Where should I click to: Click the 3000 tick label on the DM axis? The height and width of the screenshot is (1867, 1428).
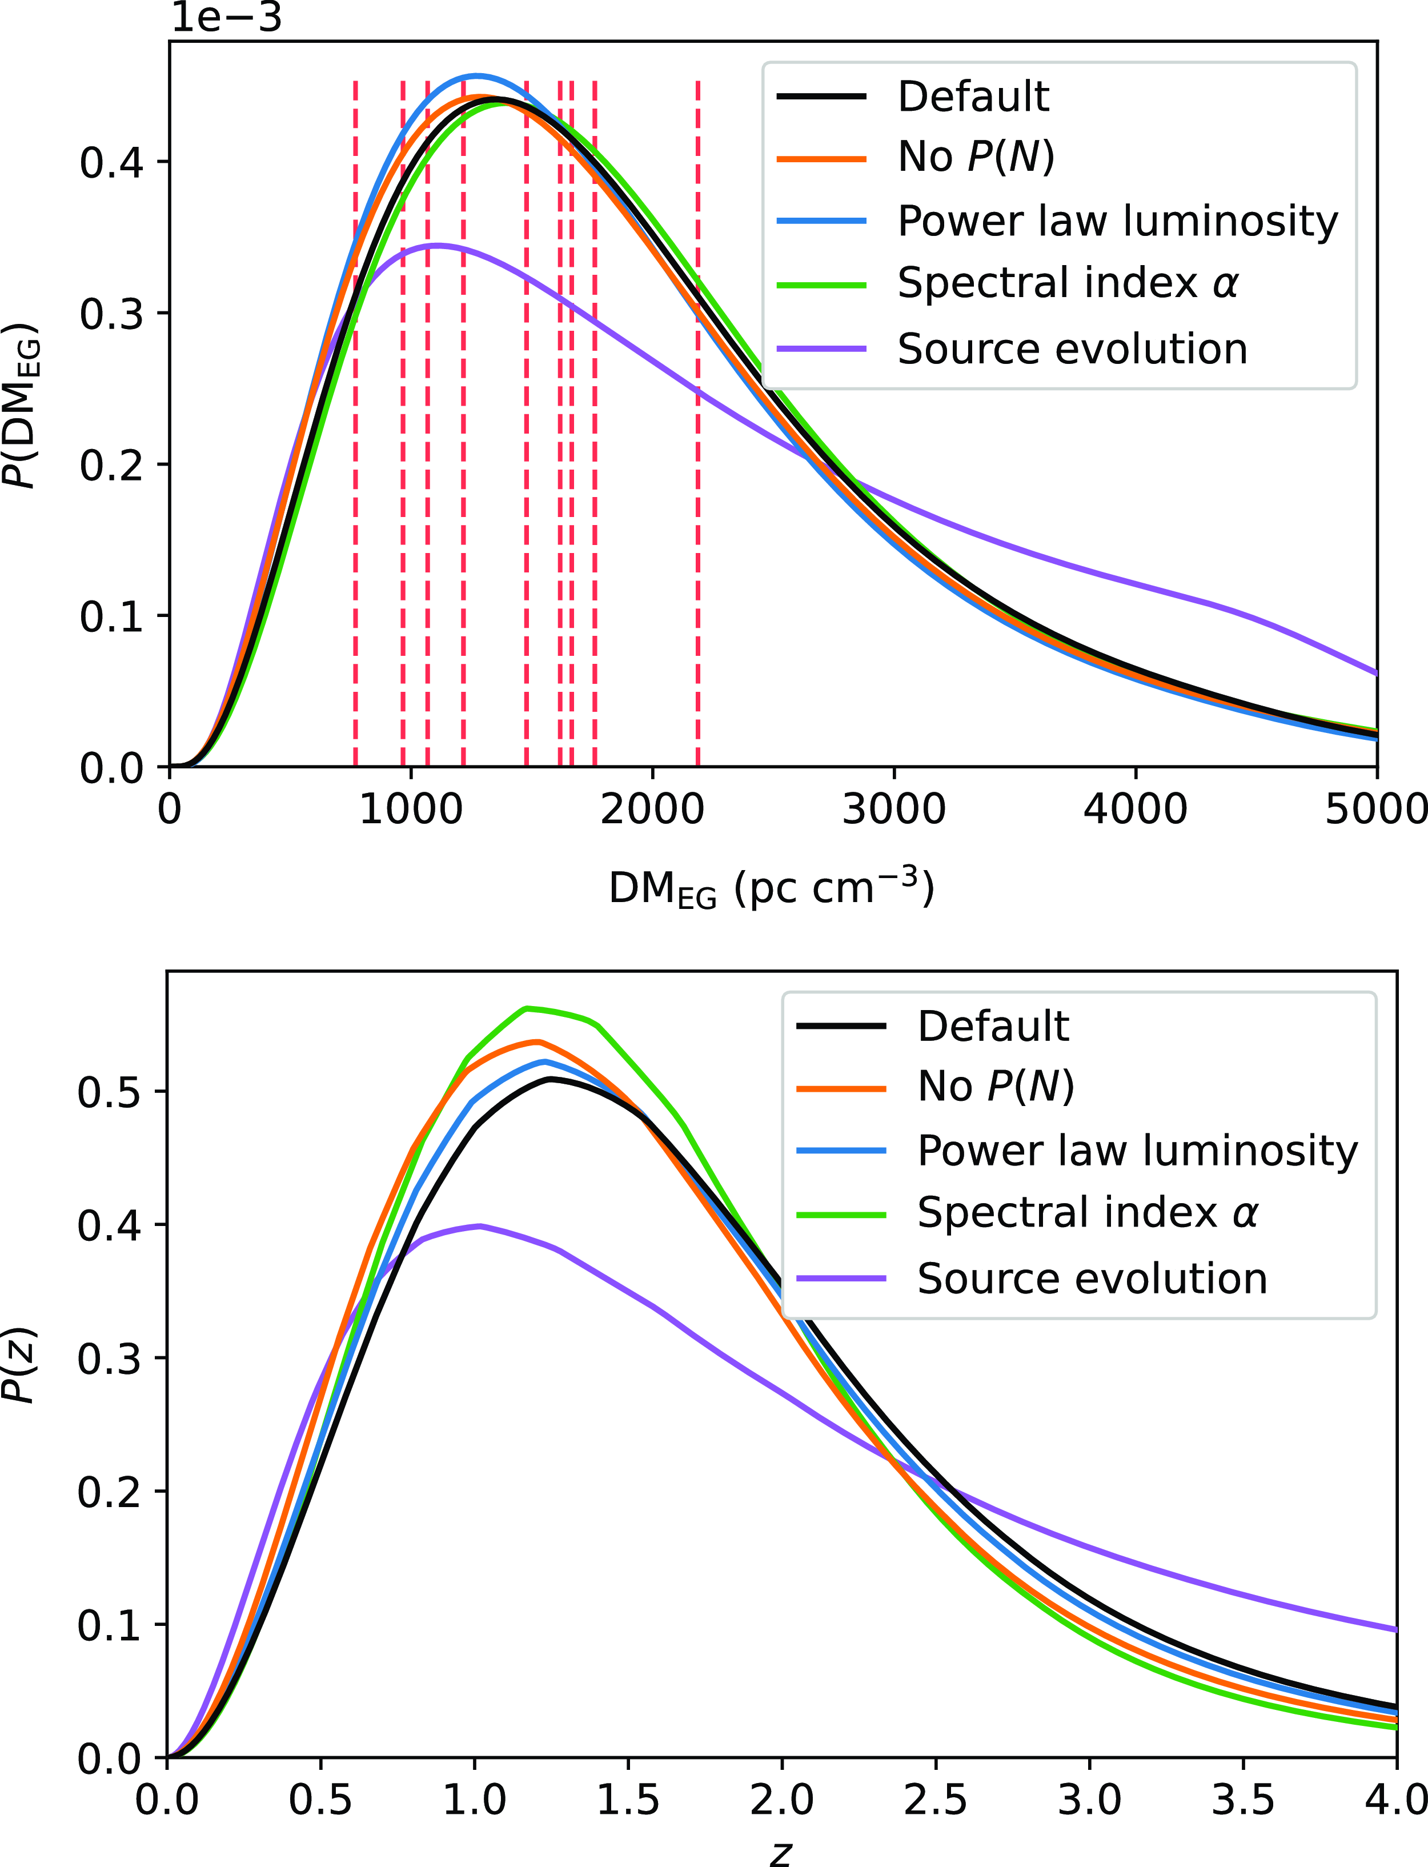(893, 808)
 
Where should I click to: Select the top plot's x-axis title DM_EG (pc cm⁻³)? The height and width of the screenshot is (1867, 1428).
(772, 890)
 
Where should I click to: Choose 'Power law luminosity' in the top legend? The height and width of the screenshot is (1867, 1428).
(1117, 221)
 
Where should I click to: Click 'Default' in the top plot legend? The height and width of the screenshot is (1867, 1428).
(973, 97)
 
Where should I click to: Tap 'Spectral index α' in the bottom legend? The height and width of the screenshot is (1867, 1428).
(1087, 1212)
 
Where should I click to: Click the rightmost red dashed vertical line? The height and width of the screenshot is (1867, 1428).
(698, 425)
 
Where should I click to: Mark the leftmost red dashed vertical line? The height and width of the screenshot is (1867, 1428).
(355, 425)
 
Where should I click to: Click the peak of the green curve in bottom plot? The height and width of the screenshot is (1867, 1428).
(527, 1008)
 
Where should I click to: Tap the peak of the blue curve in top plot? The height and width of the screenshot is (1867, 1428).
(477, 75)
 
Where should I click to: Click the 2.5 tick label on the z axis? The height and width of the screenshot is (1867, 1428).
(935, 1799)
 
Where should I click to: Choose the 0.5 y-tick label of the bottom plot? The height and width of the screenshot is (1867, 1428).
(109, 1092)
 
